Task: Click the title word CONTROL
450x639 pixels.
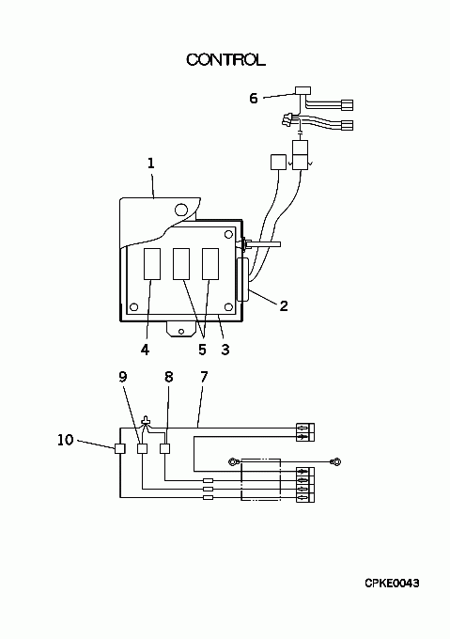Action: [226, 60]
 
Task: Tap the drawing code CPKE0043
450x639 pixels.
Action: [392, 584]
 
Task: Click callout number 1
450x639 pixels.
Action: [151, 164]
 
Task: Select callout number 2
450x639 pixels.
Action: [284, 306]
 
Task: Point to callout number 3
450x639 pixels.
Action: [225, 350]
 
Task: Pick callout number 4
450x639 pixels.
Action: [145, 350]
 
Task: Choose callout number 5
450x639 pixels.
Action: [202, 350]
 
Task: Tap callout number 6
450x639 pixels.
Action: [254, 99]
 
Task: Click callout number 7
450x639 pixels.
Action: [204, 377]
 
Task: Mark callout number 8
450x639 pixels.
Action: [169, 377]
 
